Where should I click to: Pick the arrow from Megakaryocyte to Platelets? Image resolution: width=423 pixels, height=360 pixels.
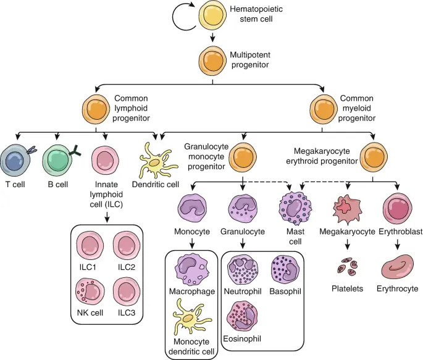[x=346, y=245]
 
